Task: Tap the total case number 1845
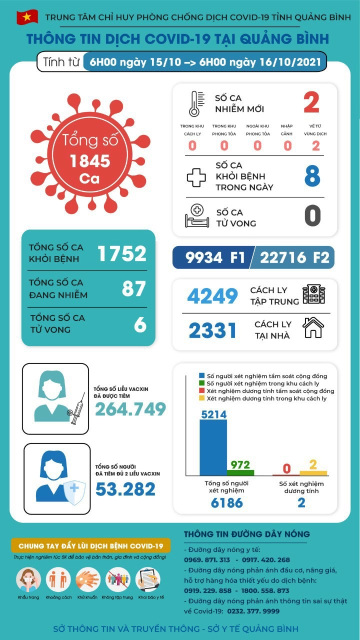coord(90,161)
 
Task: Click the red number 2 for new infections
coord(311,103)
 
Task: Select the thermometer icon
coord(195,103)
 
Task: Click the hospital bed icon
coord(196,216)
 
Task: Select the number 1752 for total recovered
coord(122,254)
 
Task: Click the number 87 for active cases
coord(133,289)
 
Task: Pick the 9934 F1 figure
coord(214,257)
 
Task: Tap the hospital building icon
coord(313,294)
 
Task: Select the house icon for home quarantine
coord(313,328)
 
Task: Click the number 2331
coord(212,330)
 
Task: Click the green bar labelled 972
coord(240,472)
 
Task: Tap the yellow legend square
coord(201,398)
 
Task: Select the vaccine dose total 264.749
coord(130,409)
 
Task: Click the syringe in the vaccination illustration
coord(77,408)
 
